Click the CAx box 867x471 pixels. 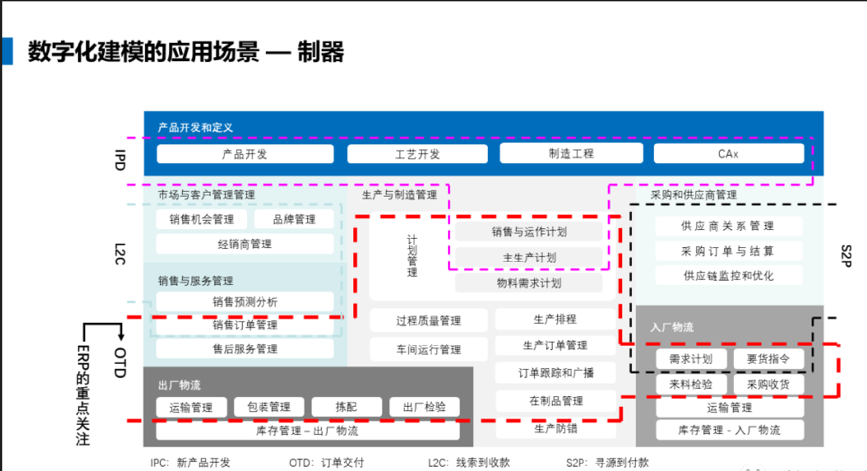728,154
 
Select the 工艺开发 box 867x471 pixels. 417,154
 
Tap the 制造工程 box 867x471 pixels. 571,153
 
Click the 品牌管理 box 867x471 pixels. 294,219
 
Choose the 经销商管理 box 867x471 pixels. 245,244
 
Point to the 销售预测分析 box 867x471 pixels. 245,302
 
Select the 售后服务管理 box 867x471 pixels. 245,349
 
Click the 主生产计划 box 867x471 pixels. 529,257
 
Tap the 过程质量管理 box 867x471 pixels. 428,321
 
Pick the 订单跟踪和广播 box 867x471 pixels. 555,373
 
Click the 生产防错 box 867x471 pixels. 555,428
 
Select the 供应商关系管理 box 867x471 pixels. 728,226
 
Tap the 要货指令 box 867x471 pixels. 768,359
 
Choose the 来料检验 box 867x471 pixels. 691,384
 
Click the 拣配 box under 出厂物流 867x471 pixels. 346,407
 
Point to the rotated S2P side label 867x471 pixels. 846,256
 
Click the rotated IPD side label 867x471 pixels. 120,160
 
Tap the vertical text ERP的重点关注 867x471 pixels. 83,395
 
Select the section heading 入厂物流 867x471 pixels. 672,327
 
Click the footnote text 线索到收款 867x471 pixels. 482,462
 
